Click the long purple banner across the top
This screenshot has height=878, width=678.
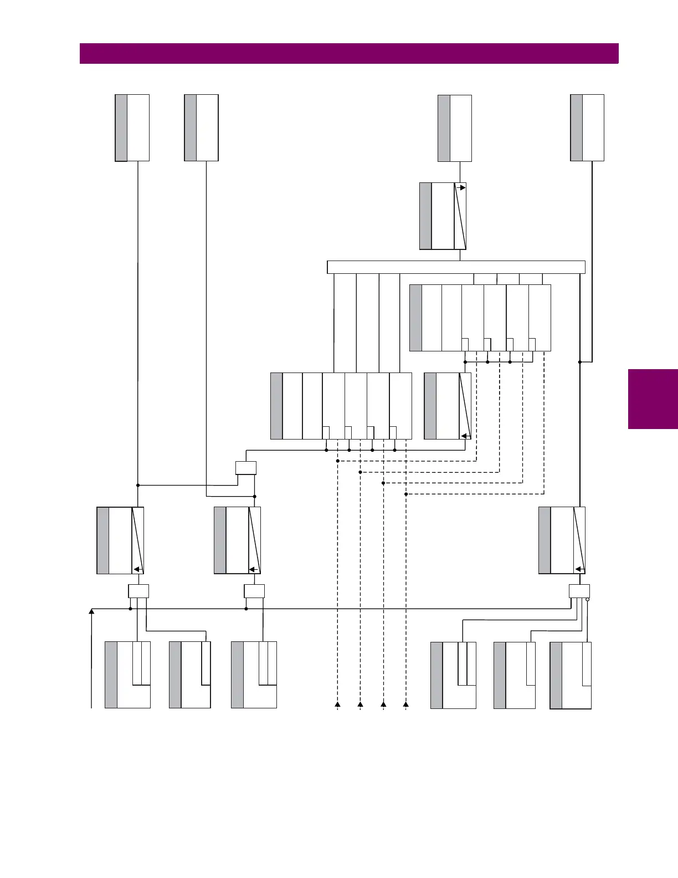coord(349,54)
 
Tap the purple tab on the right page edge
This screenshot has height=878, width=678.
coord(653,399)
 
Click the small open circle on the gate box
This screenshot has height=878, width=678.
coord(587,599)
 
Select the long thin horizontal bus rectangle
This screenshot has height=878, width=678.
coord(456,267)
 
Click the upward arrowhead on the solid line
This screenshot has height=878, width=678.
coord(91,611)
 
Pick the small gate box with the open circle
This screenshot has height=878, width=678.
coord(579,591)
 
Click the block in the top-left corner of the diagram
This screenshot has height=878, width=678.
coord(132,128)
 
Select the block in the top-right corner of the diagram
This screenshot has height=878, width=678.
coord(587,128)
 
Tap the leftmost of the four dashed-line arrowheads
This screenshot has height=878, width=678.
coord(337,704)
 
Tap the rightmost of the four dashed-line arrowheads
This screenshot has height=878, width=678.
coord(406,704)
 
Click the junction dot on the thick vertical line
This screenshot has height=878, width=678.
coord(579,362)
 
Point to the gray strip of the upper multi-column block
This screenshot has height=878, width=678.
coord(415,318)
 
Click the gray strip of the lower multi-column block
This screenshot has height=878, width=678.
coord(276,406)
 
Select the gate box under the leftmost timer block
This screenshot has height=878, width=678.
coord(138,591)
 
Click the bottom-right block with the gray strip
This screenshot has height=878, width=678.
coord(571,675)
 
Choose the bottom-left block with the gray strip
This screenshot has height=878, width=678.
coord(127,675)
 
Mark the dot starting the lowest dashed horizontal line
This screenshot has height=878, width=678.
coord(406,494)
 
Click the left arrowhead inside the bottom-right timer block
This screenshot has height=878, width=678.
coord(579,569)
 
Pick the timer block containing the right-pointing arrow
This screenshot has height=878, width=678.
coord(443,216)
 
